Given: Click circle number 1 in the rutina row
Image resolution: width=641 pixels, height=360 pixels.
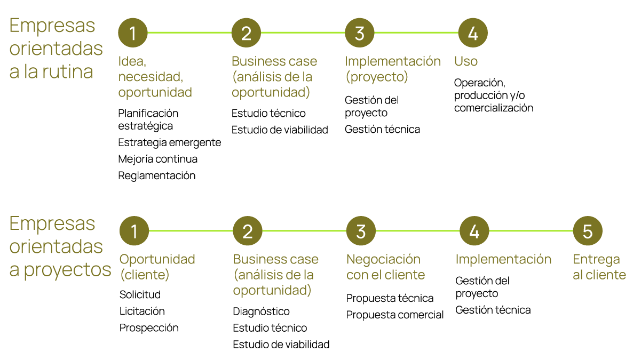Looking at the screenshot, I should pos(132,33).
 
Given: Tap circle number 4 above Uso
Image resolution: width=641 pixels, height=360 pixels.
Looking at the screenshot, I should pos(473,33).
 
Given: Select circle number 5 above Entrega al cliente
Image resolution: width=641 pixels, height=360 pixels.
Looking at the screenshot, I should pos(588,231).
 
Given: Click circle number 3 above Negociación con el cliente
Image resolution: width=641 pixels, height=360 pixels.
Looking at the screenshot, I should pos(361,231).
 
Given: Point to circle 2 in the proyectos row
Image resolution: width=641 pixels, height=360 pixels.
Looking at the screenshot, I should pos(248,231).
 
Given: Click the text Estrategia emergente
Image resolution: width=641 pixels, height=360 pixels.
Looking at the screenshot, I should pos(169,142).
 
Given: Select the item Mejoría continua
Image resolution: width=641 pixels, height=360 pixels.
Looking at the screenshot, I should pos(157,159).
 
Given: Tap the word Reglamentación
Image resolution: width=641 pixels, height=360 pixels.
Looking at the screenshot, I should pos(156,175).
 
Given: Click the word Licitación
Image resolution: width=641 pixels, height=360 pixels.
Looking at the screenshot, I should pos(142,311).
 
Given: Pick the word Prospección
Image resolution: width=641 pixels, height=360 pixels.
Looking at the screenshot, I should pos(149,327).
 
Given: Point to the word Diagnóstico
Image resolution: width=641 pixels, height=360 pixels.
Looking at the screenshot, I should pos(261,311).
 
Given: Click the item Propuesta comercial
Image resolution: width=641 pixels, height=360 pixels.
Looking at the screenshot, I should pos(395,315).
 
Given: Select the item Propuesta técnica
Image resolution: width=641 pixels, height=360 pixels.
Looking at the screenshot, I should pos(390,298).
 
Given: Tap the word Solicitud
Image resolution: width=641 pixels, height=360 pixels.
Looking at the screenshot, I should pos(140,294).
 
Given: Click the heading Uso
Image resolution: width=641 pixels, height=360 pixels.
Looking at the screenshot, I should pos(465,61).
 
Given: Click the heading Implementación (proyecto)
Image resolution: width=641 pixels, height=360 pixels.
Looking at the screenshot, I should pos(393,69).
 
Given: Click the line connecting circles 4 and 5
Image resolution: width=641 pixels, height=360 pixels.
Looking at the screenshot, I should pos(531,231).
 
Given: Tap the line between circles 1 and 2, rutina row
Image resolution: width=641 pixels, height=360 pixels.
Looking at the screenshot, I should pos(189,33).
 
